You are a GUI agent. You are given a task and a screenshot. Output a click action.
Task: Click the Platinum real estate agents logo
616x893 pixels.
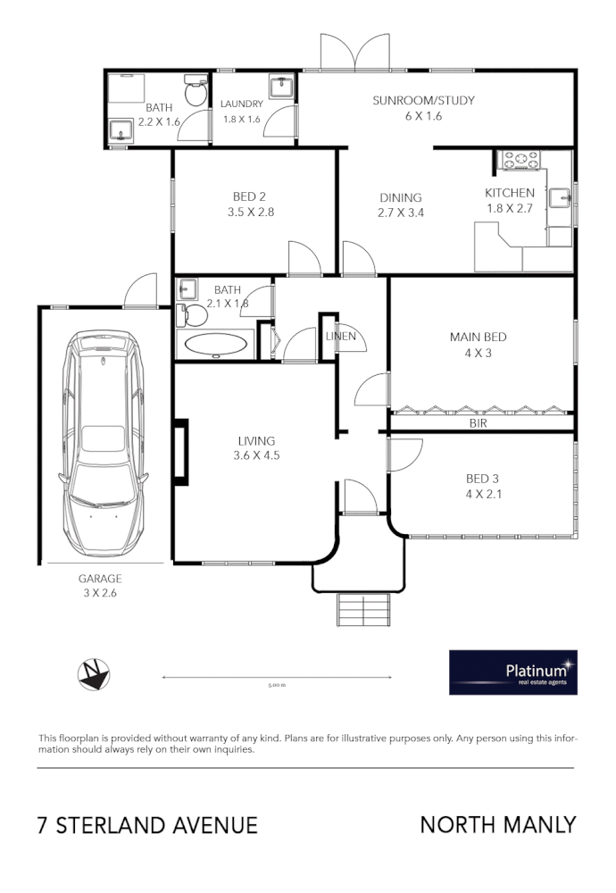[512, 672]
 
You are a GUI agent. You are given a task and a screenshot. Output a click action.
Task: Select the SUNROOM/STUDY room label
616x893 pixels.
[423, 100]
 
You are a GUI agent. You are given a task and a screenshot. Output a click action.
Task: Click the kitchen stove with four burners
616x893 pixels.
[520, 160]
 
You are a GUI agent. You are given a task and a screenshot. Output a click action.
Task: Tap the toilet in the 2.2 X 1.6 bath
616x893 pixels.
[195, 93]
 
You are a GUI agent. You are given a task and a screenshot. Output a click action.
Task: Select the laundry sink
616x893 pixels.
[282, 87]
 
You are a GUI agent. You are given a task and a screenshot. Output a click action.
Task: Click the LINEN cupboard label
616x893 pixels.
[340, 337]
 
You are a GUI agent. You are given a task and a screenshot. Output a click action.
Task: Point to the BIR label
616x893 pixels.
[478, 424]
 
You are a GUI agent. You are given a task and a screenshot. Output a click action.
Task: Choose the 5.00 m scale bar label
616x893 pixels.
[277, 685]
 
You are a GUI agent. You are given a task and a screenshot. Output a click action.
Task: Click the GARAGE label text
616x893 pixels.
[100, 579]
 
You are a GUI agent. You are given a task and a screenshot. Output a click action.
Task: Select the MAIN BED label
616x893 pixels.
[478, 337]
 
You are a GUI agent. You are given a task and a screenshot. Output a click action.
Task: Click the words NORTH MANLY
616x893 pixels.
[497, 824]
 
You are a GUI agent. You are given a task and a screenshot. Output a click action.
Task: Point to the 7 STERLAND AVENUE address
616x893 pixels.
[147, 825]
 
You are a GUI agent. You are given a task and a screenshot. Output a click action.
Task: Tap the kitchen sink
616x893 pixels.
[560, 198]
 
